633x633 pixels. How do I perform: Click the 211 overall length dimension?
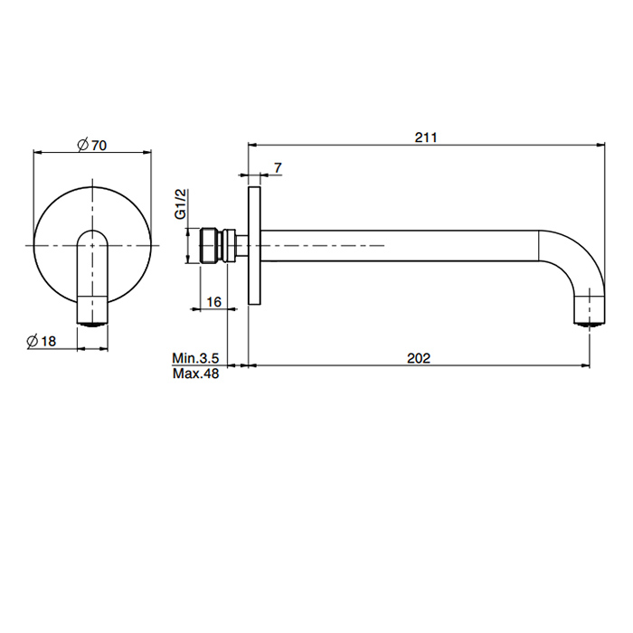click(426, 137)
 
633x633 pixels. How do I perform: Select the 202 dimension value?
click(419, 358)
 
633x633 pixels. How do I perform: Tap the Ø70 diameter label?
click(92, 145)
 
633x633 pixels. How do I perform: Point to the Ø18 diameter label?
click(42, 341)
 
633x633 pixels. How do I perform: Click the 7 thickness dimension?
click(278, 167)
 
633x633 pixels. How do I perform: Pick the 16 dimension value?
click(214, 301)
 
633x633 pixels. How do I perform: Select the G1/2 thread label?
click(181, 203)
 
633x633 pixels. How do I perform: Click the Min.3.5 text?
click(195, 358)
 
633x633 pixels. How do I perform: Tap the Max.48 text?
click(196, 373)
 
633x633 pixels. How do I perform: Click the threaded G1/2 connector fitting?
click(217, 245)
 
